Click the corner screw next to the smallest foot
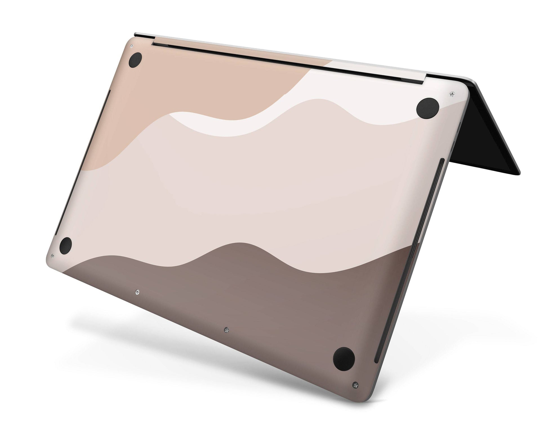tap(53, 256)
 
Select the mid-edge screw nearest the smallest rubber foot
tap(137, 292)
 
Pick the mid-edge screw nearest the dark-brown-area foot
tap(227, 329)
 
